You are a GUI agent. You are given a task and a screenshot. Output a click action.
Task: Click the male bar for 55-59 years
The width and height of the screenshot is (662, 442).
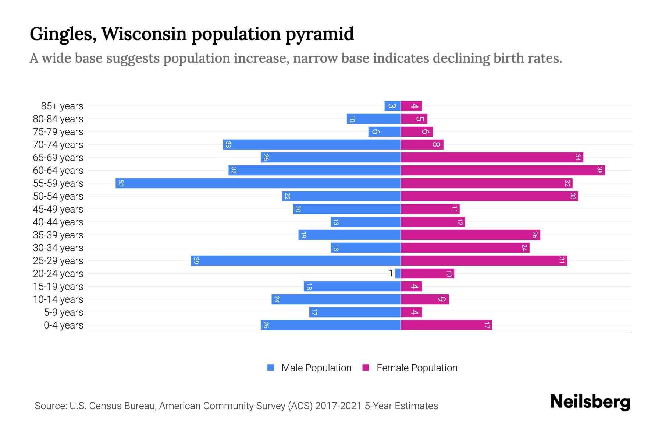pos(257,183)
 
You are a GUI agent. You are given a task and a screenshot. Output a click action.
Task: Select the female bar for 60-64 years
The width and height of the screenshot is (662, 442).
pos(502,171)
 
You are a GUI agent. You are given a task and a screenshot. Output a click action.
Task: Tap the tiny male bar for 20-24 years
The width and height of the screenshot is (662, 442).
pos(398,274)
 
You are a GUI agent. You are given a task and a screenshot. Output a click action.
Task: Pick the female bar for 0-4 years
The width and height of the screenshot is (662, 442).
pos(446,325)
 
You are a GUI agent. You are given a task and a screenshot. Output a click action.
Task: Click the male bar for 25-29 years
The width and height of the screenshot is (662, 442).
pos(295,261)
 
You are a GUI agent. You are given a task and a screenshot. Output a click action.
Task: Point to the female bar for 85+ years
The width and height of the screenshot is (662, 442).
pos(411,106)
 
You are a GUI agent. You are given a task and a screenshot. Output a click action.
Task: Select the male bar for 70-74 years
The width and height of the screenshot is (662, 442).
pos(312,145)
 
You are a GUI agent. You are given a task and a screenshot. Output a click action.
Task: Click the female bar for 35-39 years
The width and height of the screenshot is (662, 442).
pos(470,235)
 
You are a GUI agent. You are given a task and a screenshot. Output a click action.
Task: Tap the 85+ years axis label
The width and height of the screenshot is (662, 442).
pos(62,106)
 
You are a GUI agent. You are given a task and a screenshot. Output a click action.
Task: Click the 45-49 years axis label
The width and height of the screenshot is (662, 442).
pos(58,209)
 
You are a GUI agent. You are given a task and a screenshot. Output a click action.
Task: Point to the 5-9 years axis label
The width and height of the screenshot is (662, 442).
pos(64,312)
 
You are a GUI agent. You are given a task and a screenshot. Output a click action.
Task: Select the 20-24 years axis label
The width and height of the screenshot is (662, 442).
pos(58,274)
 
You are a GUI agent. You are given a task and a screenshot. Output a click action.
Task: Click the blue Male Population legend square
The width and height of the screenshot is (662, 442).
pos(271,368)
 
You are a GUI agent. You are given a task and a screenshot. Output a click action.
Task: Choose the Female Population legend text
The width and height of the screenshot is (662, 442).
pos(417,368)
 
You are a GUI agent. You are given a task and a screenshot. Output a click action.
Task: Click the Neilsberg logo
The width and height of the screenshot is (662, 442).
pos(590,402)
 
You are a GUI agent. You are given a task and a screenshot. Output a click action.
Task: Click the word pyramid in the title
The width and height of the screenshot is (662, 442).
pos(320,34)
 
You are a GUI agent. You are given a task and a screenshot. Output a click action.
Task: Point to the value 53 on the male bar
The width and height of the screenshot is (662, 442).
pos(121,183)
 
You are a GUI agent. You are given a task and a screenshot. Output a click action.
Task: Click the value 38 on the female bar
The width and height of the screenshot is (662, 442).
pos(599,171)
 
